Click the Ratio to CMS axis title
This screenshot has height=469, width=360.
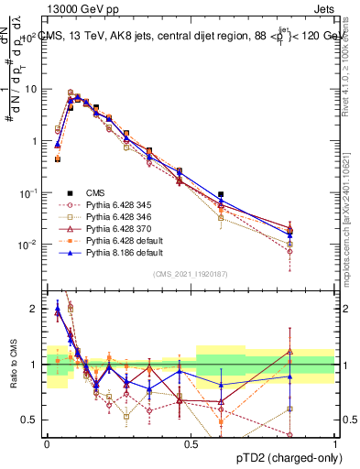[x=13, y=365]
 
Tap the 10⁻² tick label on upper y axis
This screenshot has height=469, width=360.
[x=29, y=245]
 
